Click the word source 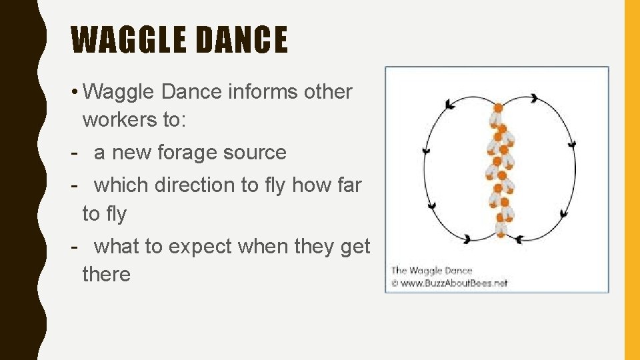tap(256, 153)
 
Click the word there tap(107, 274)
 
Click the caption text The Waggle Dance tap(431, 270)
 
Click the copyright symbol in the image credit tap(394, 283)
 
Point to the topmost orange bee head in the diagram tap(497, 108)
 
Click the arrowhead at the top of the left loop tap(451, 104)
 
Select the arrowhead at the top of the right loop tap(534, 99)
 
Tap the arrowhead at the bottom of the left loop tap(467, 239)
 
